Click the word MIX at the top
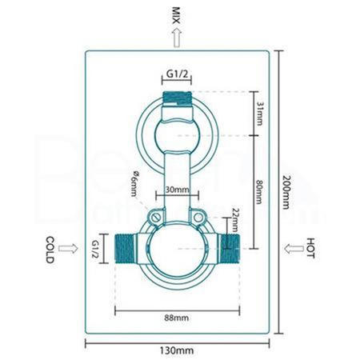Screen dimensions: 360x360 (177, 14)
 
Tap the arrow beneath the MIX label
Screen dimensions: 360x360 (177, 36)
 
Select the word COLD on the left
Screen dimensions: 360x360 (50, 246)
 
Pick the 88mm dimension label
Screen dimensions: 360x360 (177, 318)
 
